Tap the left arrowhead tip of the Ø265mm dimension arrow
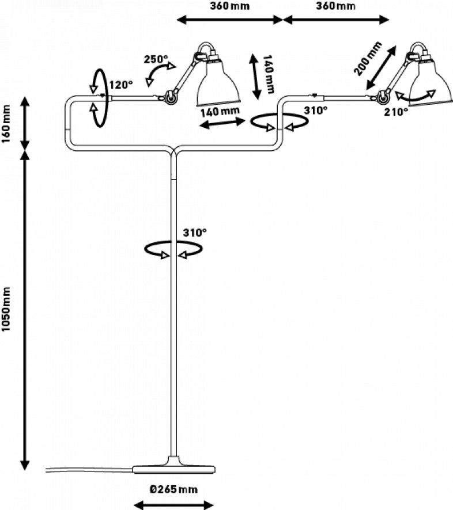pyautogui.click(x=134, y=505)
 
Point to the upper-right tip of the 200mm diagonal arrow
pyautogui.click(x=397, y=46)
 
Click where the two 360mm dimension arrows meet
pyautogui.click(x=282, y=20)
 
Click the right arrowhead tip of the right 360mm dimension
pyautogui.click(x=389, y=20)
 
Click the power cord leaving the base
pyautogui.click(x=89, y=470)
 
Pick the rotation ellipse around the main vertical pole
pyautogui.click(x=173, y=249)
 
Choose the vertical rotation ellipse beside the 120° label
pyautogui.click(x=99, y=98)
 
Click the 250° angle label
pyautogui.click(x=156, y=59)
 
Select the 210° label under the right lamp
pyautogui.click(x=396, y=112)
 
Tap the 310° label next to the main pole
pyautogui.click(x=195, y=233)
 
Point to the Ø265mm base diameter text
pyautogui.click(x=174, y=489)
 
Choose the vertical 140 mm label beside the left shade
pyautogui.click(x=268, y=74)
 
